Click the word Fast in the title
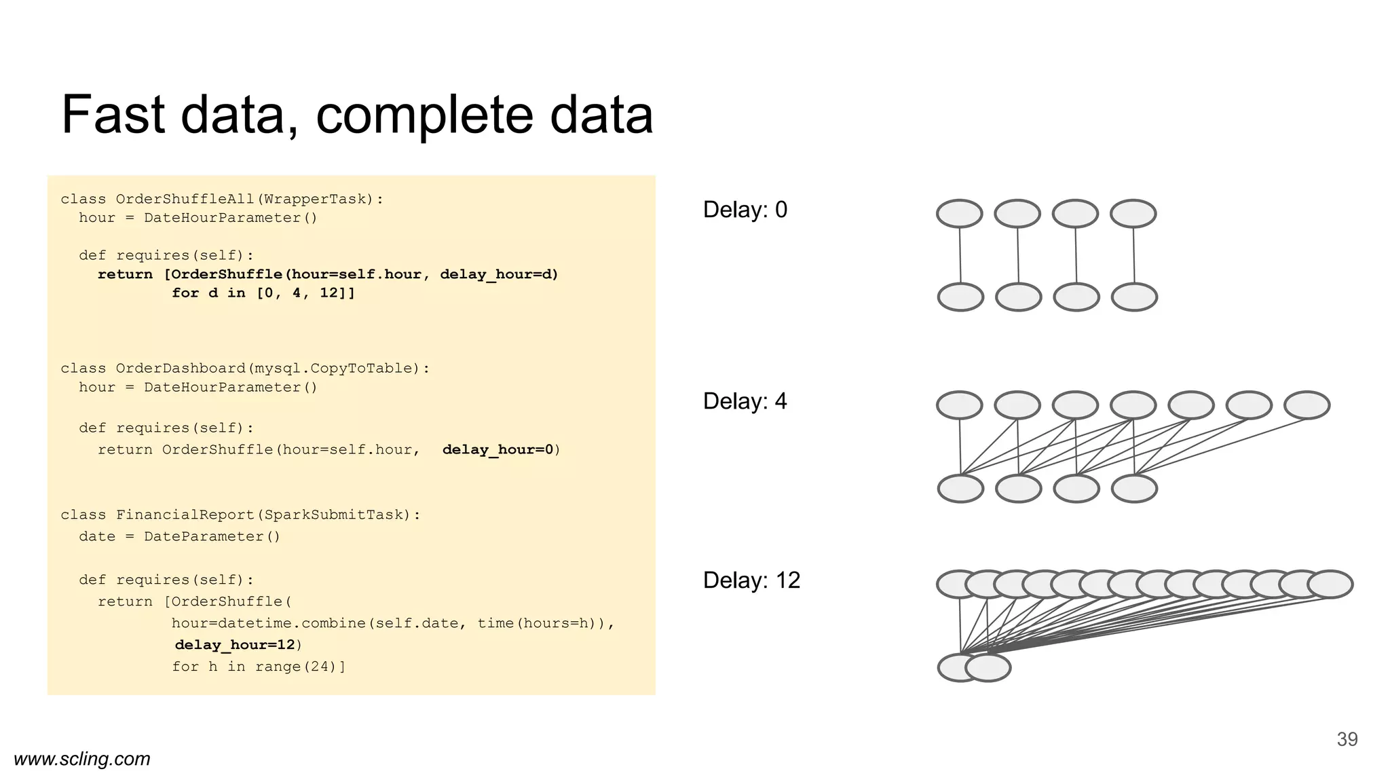[x=113, y=115]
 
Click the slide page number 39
[x=1347, y=739]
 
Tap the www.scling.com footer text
[x=82, y=759]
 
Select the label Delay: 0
[x=745, y=210]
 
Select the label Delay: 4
[x=745, y=401]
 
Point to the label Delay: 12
[x=751, y=580]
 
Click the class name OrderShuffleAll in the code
[x=185, y=199]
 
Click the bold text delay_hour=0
[x=498, y=449]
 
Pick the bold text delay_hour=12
[x=235, y=645]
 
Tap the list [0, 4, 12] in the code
[x=305, y=293]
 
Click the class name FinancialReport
[x=185, y=515]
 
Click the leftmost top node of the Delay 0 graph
[x=959, y=214]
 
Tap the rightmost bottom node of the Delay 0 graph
[x=1134, y=297]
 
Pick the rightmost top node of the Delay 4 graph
[x=1307, y=405]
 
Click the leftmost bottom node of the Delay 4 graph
[x=960, y=489]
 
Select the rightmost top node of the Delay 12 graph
[x=1330, y=584]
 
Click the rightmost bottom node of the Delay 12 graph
[x=988, y=668]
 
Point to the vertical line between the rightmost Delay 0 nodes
[x=1134, y=255]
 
